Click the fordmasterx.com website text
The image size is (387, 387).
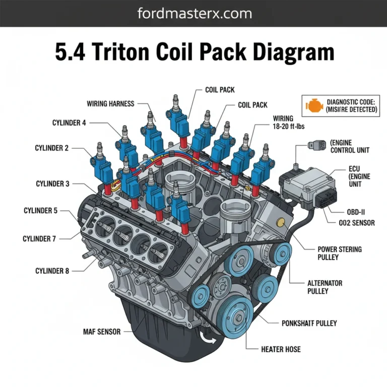193,13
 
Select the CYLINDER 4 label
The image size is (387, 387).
69,122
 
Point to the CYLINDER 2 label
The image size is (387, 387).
52,148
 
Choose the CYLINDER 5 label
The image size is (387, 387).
40,211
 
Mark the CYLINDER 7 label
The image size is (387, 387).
39,238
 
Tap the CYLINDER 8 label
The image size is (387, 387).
52,271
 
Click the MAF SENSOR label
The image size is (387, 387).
101,332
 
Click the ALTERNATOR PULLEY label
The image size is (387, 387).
325,287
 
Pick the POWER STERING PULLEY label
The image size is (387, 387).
339,253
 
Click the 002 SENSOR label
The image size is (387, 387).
354,223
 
